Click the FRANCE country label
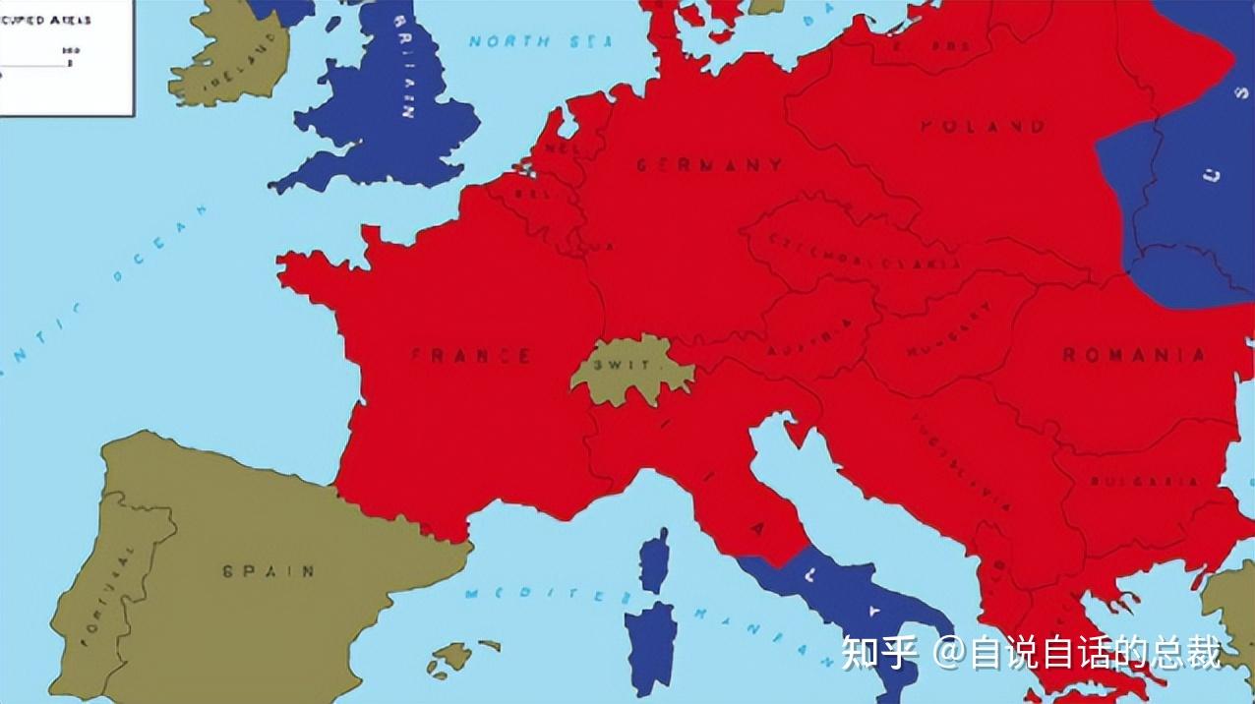pyautogui.click(x=470, y=355)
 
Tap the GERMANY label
pyautogui.click(x=709, y=165)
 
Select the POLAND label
pyautogui.click(x=983, y=126)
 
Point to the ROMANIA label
pyautogui.click(x=1134, y=355)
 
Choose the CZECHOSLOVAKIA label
pyautogui.click(x=866, y=252)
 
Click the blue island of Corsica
pyautogui.click(x=654, y=560)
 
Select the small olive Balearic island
pyautogui.click(x=454, y=655)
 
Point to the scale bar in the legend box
pyautogui.click(x=34, y=65)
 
